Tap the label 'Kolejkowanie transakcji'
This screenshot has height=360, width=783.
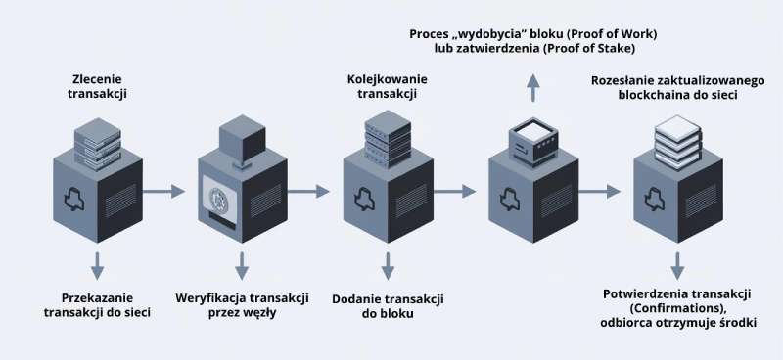pos(387,85)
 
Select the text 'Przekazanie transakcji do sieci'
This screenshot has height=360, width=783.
pos(98,304)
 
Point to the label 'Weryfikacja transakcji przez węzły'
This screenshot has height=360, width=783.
pos(243,304)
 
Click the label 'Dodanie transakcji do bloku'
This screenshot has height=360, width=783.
pos(388,304)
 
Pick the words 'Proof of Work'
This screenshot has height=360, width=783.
pos(611,34)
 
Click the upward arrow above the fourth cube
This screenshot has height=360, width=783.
pos(533,89)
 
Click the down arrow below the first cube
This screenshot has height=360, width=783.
pos(97,264)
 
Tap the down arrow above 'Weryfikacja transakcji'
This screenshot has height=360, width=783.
pos(242,264)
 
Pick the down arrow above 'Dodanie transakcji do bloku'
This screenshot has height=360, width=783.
pos(388,264)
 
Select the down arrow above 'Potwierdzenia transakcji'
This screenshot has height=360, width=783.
pos(677,264)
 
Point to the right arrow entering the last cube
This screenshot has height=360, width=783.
pos(607,192)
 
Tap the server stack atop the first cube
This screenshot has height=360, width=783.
pos(97,142)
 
